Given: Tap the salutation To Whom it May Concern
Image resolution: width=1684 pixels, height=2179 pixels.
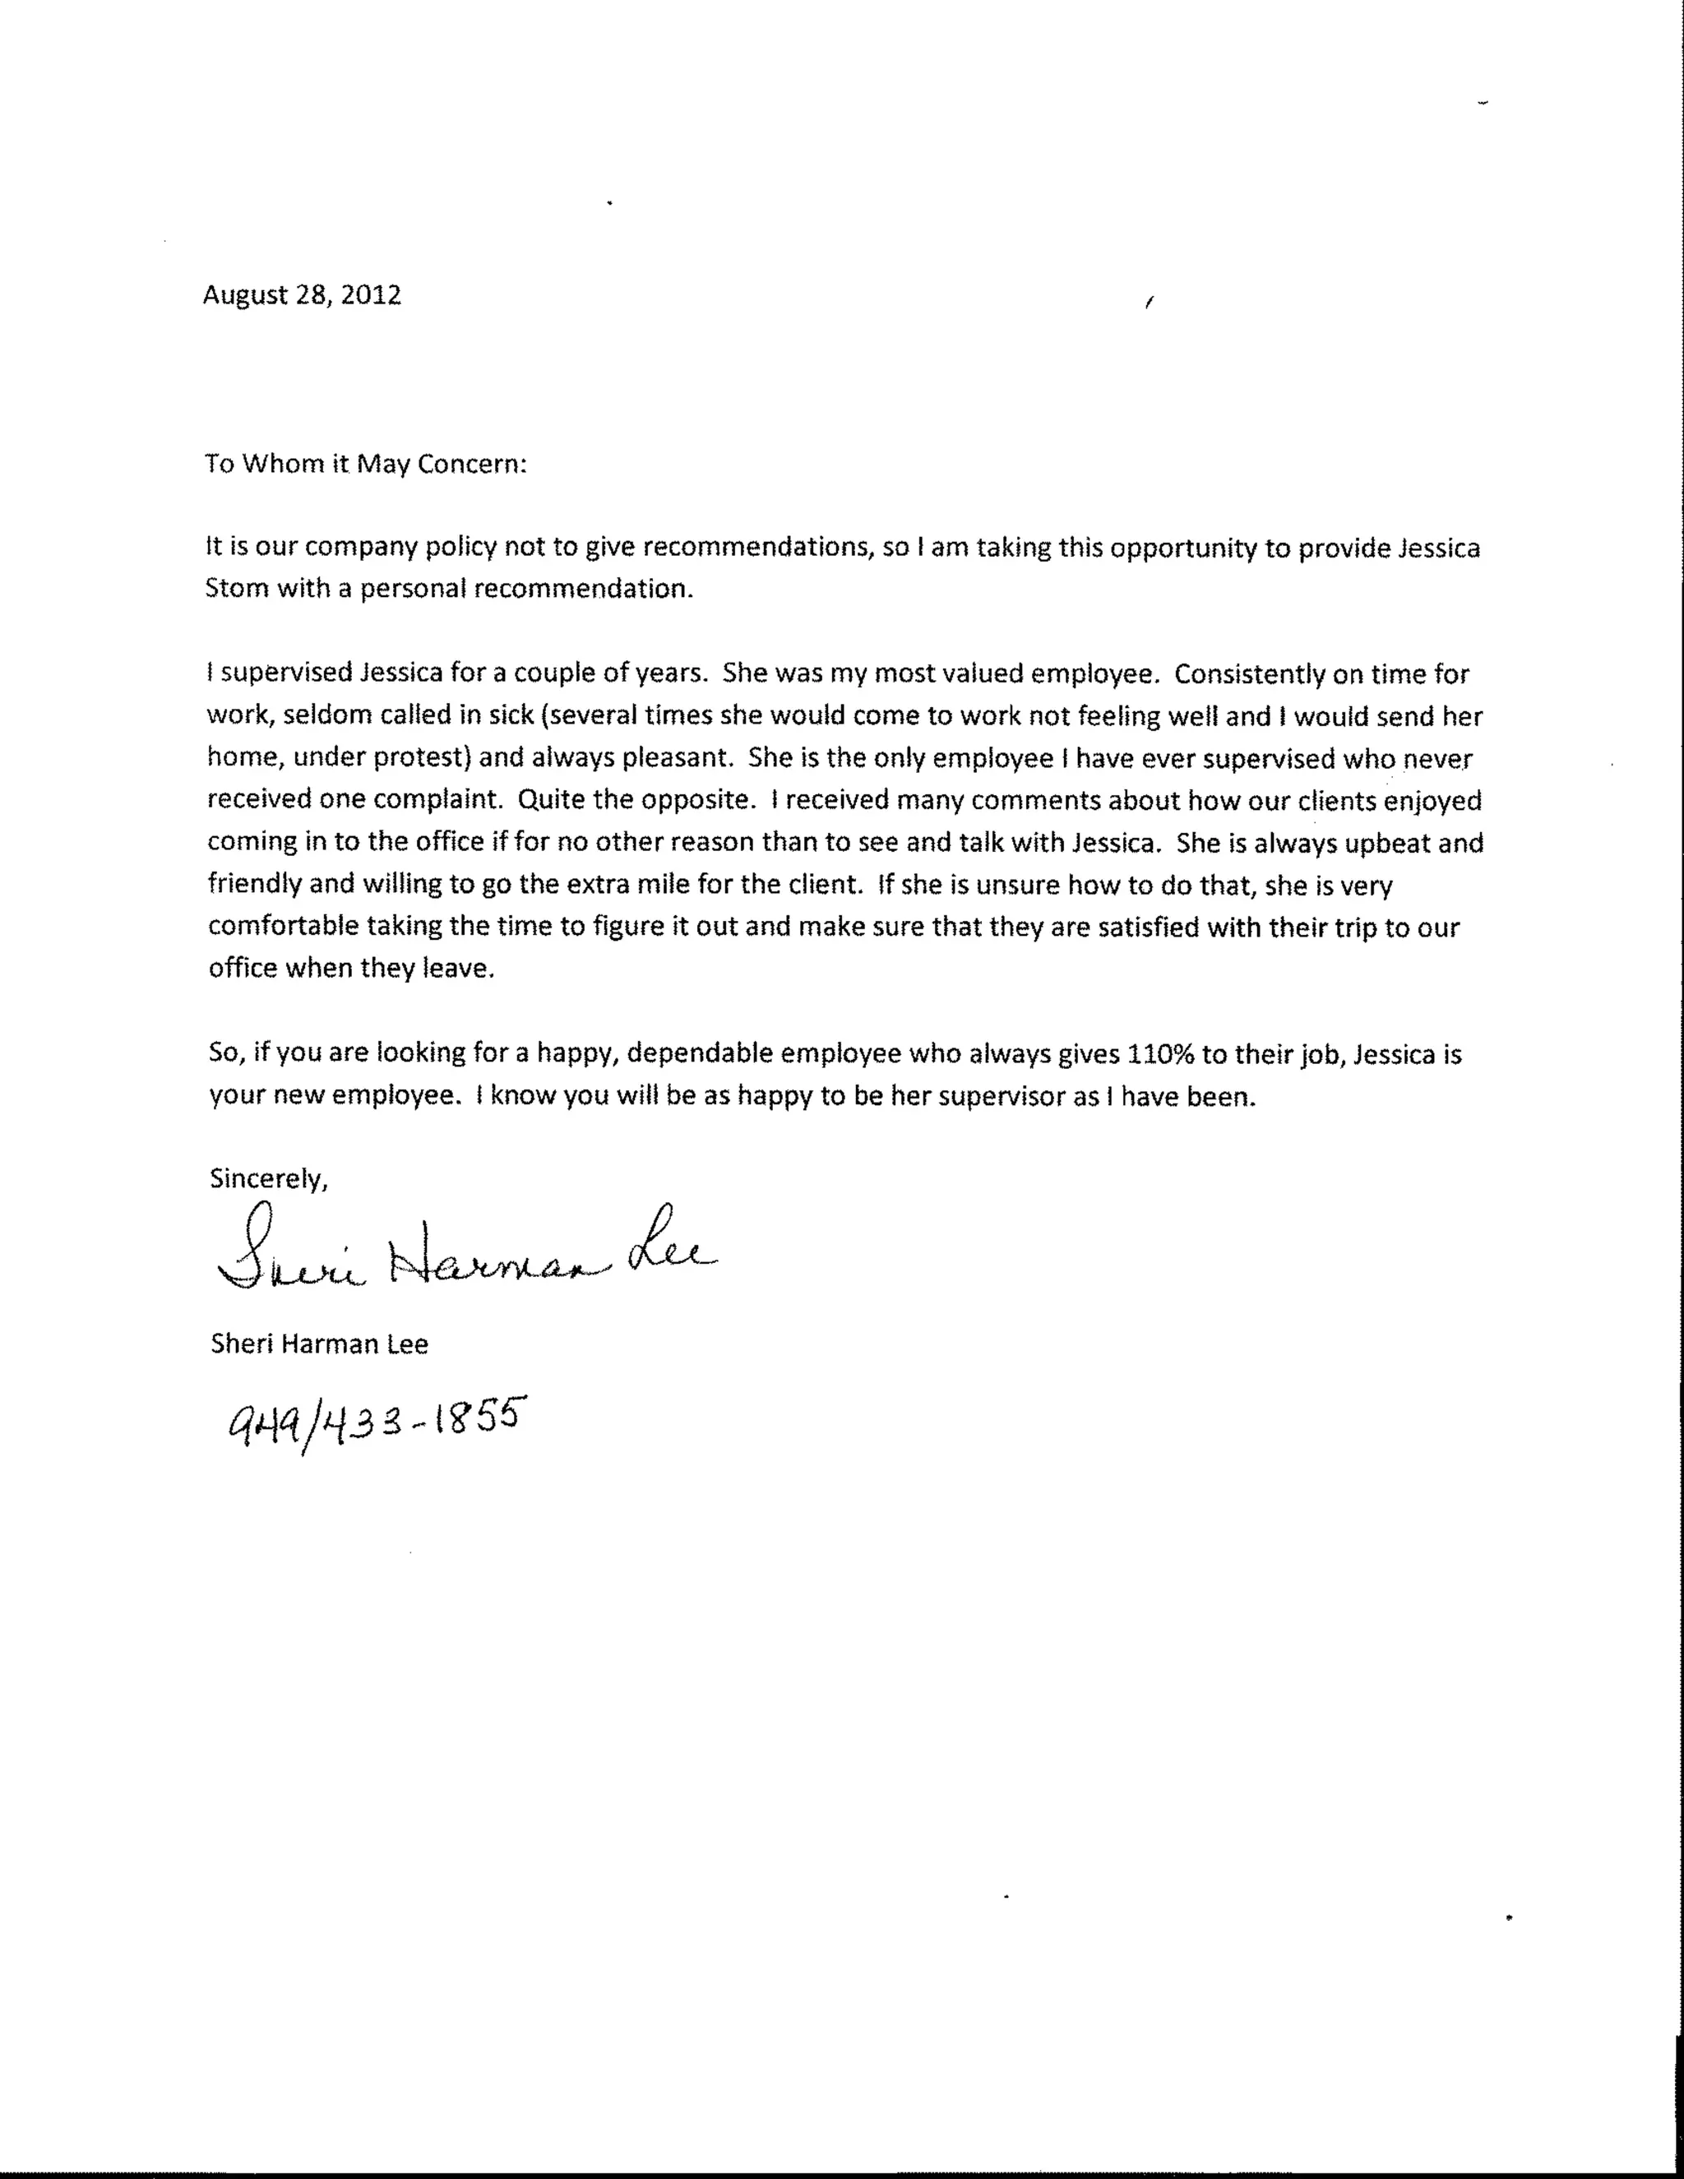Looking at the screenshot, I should [365, 464].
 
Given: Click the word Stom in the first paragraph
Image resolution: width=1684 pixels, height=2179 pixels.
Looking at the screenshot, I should [237, 589].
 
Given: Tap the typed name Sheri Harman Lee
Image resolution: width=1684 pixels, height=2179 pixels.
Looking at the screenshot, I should [319, 1344].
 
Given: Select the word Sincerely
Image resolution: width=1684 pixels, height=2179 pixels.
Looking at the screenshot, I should [268, 1178].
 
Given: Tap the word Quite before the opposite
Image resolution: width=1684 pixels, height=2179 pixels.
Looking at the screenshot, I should [547, 799].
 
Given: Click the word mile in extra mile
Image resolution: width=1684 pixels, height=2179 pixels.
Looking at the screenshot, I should [720, 884].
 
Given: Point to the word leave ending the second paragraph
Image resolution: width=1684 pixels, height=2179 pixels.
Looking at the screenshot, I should [462, 968].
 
